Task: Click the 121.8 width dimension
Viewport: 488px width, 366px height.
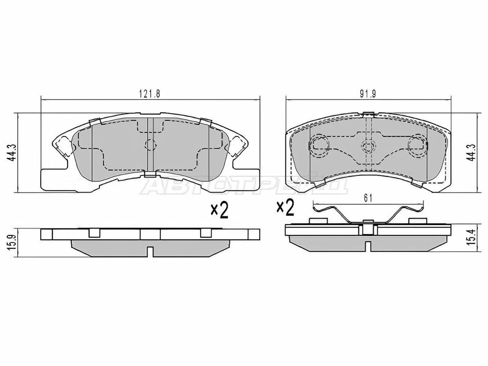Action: coord(149,94)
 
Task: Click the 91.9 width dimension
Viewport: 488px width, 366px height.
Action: coord(368,94)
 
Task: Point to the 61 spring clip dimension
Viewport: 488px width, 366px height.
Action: coord(368,198)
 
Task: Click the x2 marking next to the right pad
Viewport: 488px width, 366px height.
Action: coord(285,208)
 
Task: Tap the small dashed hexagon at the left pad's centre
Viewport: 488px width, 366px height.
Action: coord(150,145)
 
